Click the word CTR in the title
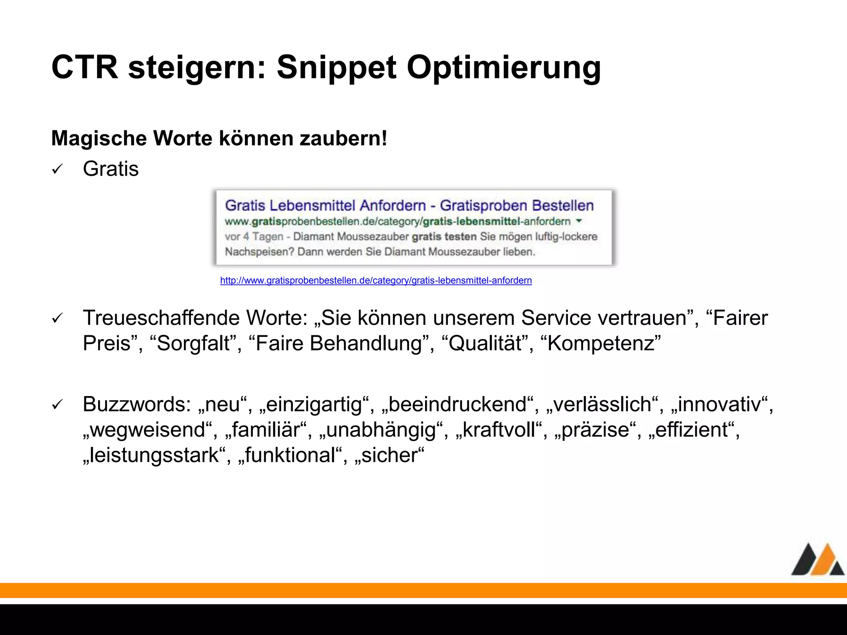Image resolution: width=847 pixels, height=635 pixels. click(x=84, y=67)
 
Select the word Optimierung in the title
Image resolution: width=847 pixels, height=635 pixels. click(x=504, y=67)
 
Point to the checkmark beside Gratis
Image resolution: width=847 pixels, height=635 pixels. click(x=57, y=169)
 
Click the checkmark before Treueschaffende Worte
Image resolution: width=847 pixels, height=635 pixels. click(x=57, y=318)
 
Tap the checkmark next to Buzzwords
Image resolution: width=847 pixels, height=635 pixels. click(x=57, y=405)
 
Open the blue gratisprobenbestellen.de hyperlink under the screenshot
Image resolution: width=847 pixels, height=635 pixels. click(x=376, y=281)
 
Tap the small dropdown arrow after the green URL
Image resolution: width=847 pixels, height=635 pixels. click(x=579, y=221)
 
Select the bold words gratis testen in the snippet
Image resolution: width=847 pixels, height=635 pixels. click(x=444, y=237)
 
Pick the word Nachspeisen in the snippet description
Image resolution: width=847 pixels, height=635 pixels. click(x=259, y=252)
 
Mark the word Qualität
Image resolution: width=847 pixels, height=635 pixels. click(x=485, y=344)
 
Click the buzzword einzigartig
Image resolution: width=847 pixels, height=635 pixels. click(x=314, y=405)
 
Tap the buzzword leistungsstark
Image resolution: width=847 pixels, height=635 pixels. click(x=154, y=455)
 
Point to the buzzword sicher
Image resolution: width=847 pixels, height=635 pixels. click(x=389, y=455)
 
